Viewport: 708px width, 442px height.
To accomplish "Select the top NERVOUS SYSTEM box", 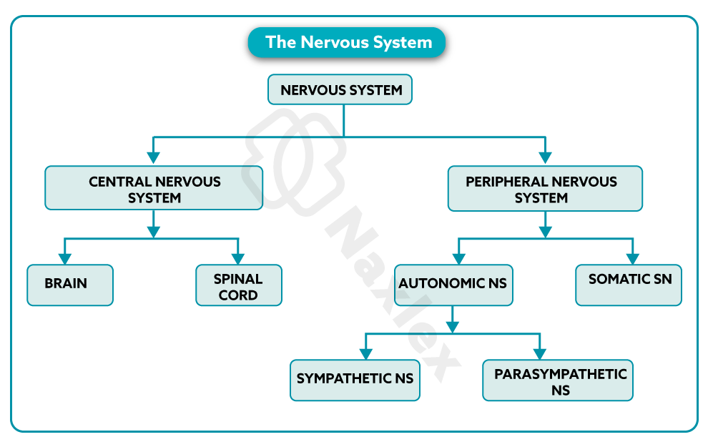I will pyautogui.click(x=340, y=90).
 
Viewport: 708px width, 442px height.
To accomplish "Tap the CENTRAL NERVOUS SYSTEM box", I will pyautogui.click(x=154, y=188).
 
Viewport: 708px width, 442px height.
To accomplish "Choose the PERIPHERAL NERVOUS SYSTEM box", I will pyautogui.click(x=545, y=189).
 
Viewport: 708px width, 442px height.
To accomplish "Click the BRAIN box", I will pyautogui.click(x=70, y=285).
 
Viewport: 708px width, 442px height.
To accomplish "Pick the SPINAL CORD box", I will pyautogui.click(x=239, y=285).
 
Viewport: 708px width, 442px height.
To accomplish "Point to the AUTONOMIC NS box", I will pyautogui.click(x=453, y=285).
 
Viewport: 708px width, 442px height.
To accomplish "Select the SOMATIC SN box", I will pyautogui.click(x=629, y=285).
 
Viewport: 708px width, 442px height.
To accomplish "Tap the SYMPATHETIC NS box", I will pyautogui.click(x=355, y=379).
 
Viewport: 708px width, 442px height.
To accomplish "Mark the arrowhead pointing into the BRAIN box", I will pyautogui.click(x=64, y=259).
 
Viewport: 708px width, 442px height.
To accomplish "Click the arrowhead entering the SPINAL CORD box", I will pyautogui.click(x=239, y=259).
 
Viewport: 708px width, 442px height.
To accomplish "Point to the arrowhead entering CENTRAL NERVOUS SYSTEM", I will pyautogui.click(x=152, y=159).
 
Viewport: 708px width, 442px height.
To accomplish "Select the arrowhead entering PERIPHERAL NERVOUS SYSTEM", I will pyautogui.click(x=545, y=159).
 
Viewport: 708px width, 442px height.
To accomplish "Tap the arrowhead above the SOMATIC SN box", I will pyautogui.click(x=632, y=259).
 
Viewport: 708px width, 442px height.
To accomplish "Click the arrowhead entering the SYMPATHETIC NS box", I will pyautogui.click(x=365, y=353).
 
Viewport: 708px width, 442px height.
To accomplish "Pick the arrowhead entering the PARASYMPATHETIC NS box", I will pyautogui.click(x=539, y=353).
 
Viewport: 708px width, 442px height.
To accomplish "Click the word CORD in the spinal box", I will pyautogui.click(x=238, y=295).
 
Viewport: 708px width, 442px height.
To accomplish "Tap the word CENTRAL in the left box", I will pyautogui.click(x=119, y=182).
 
